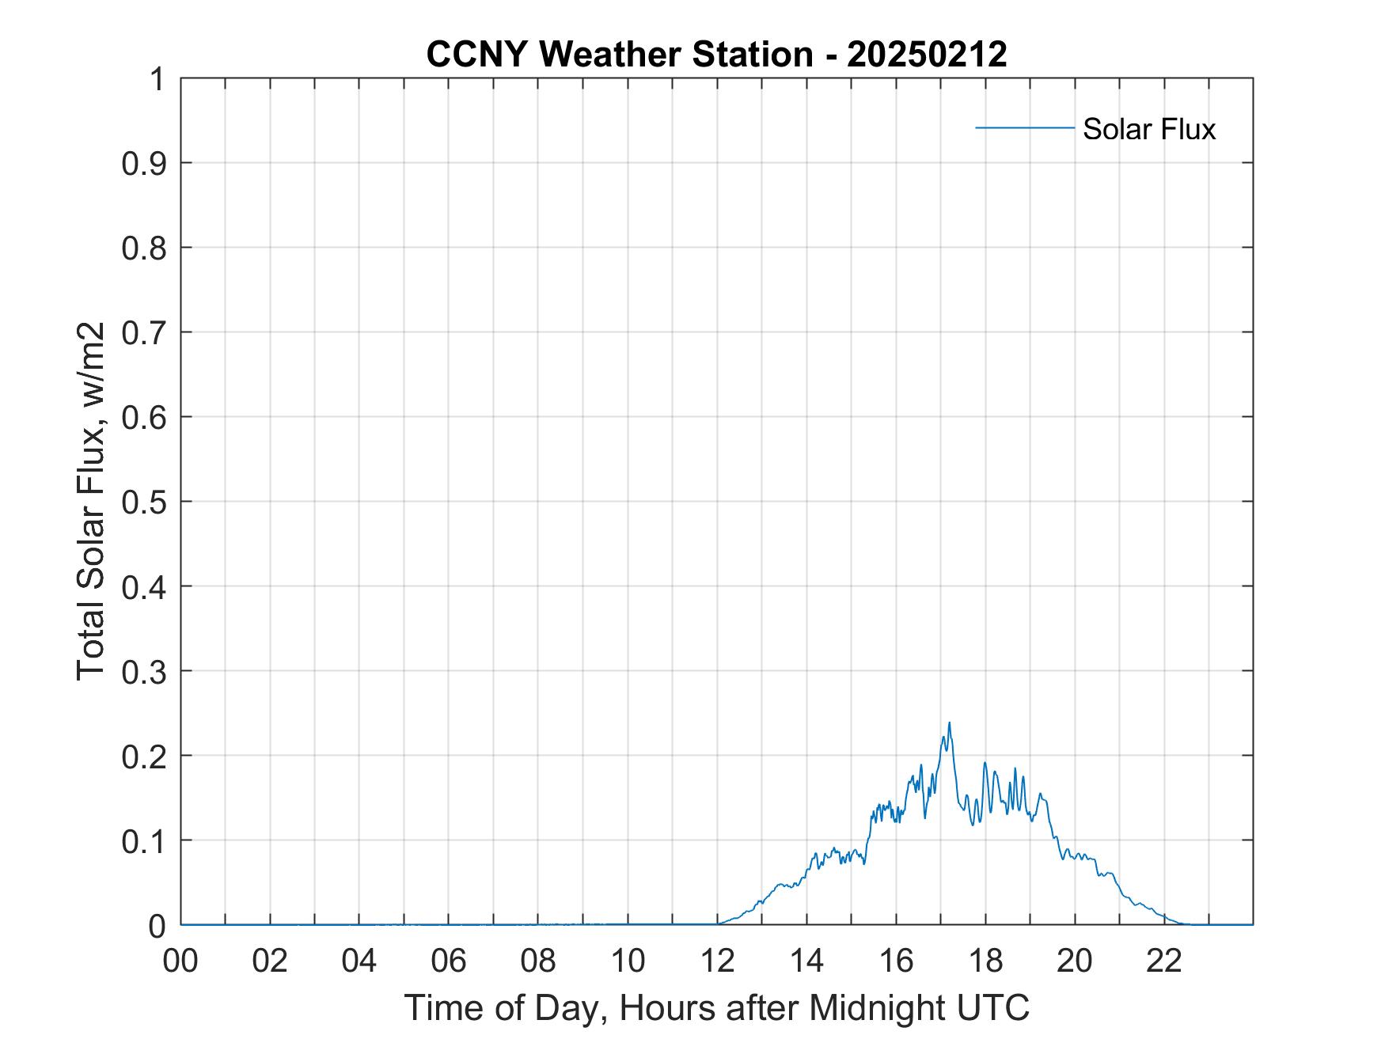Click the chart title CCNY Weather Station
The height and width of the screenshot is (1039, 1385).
coord(619,55)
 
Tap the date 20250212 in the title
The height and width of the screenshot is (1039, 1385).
coord(927,55)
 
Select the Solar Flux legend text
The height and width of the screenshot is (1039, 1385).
coord(1148,128)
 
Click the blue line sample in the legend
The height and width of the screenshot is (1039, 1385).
coord(1024,127)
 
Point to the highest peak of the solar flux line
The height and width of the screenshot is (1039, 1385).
coord(949,722)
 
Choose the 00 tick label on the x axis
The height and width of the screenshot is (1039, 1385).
coord(180,961)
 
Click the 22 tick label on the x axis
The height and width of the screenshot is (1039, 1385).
coord(1164,961)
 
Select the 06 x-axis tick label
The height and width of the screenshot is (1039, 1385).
coord(449,961)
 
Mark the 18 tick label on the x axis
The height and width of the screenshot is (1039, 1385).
coord(985,961)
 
